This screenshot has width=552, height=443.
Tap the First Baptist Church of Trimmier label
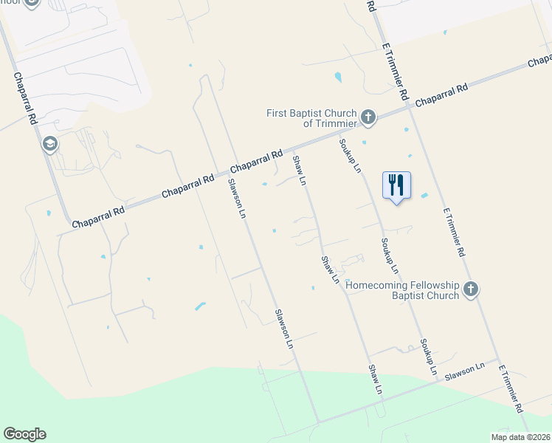click(x=311, y=118)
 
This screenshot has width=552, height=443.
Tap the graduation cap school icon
click(x=50, y=143)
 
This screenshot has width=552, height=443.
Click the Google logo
click(x=24, y=434)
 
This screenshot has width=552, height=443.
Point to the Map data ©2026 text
click(x=520, y=436)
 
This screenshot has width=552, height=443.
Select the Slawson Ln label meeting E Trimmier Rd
click(x=464, y=371)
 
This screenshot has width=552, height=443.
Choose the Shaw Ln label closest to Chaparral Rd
click(x=299, y=169)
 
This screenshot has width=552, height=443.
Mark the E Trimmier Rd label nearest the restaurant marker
click(x=454, y=232)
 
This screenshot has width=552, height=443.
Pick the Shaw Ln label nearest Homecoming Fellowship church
click(x=330, y=269)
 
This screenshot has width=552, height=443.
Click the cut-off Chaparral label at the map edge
click(x=539, y=60)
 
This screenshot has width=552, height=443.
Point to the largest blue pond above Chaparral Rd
click(x=338, y=76)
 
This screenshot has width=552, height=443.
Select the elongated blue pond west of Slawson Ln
click(x=199, y=306)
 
